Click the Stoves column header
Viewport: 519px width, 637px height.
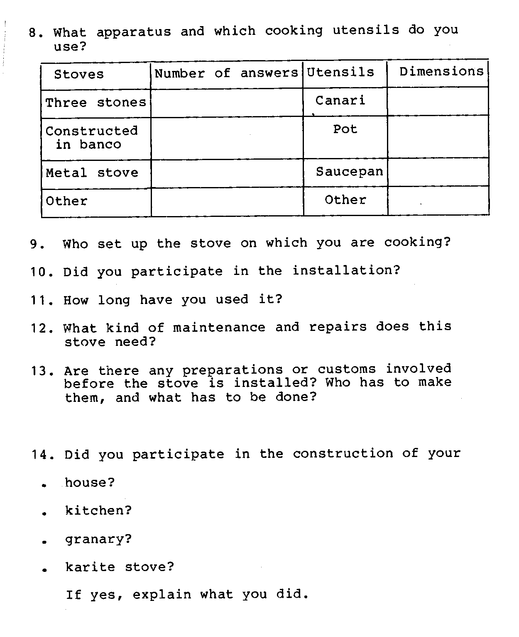click(79, 75)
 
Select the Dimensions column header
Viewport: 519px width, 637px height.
click(441, 72)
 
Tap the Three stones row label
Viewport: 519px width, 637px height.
click(95, 102)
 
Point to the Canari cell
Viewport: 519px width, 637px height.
click(340, 100)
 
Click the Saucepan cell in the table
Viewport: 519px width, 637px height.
click(349, 172)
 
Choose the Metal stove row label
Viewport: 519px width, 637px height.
click(92, 173)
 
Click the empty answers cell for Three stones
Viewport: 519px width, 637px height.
click(227, 103)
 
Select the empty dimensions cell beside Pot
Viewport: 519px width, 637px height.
click(438, 137)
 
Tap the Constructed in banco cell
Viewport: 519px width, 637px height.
click(91, 138)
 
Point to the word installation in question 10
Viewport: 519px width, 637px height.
click(346, 271)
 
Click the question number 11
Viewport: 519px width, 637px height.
click(41, 300)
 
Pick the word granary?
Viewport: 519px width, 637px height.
click(98, 539)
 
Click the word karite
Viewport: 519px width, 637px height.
click(90, 567)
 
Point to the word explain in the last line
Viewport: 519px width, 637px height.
click(162, 595)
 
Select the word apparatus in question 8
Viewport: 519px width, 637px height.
click(133, 32)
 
